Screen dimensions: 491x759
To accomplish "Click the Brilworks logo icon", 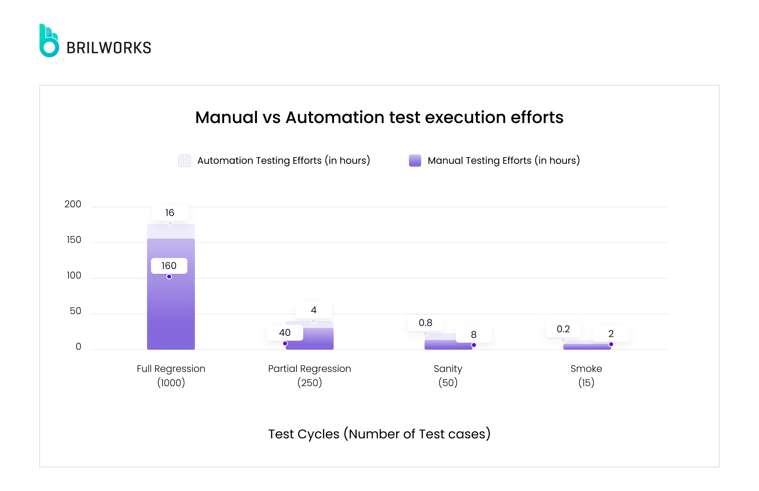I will [49, 41].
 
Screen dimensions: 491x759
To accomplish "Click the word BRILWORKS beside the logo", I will [109, 48].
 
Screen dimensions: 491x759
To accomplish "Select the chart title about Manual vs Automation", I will [379, 118].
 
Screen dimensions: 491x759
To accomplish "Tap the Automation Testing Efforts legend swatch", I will [184, 161].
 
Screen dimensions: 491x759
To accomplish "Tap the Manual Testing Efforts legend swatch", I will [415, 161].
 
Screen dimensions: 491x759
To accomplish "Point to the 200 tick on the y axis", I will [73, 204].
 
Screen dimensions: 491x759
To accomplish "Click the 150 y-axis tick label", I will [74, 240].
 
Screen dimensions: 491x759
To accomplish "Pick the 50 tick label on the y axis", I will [75, 311].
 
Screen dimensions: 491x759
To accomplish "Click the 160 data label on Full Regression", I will [169, 266].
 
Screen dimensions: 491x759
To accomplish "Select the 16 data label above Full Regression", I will [170, 213].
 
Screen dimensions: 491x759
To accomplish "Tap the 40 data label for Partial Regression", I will [285, 333].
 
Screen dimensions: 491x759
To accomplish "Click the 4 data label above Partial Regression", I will [313, 310].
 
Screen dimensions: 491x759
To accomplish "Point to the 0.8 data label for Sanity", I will [425, 323].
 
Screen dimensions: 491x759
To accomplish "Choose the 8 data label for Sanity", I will [474, 335].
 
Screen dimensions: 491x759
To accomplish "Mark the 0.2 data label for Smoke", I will [563, 329].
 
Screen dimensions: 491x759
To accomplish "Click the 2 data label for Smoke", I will [611, 334].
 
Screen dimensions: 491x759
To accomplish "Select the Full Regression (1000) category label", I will [171, 375].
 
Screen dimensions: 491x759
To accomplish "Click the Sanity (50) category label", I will [448, 375].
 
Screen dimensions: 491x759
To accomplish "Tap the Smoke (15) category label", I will [586, 375].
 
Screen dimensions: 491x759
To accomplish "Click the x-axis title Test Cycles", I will [379, 434].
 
